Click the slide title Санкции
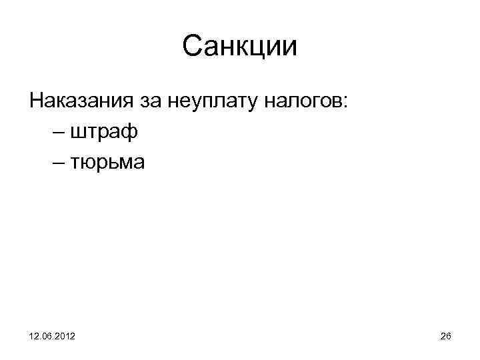tap(239, 47)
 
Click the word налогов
tap(301, 102)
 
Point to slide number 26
tap(445, 337)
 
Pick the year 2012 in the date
tap(64, 337)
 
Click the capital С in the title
tap(193, 47)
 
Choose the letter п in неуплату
tap(218, 102)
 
